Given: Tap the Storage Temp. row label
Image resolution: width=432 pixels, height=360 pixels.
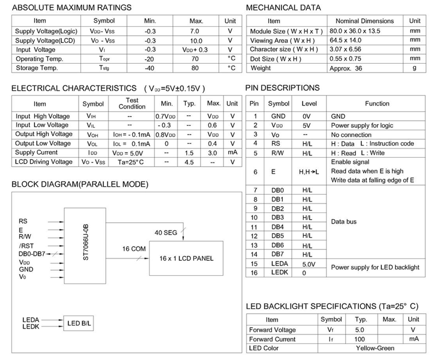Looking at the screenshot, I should (37, 68).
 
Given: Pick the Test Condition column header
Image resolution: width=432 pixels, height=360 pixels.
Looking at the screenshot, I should (132, 103).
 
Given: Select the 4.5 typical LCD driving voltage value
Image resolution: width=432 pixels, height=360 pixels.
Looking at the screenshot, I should (189, 162).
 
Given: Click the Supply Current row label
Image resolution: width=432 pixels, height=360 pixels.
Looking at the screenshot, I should (37, 153).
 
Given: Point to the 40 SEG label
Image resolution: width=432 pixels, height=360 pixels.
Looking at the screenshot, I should (166, 232).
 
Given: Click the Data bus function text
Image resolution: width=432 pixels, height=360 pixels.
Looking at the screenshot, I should (343, 222).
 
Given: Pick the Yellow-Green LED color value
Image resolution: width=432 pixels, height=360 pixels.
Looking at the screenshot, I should (375, 348).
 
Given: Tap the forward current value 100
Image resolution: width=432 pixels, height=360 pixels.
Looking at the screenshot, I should (360, 339).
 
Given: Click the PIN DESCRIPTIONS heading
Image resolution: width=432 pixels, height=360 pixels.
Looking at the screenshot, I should (283, 87).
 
